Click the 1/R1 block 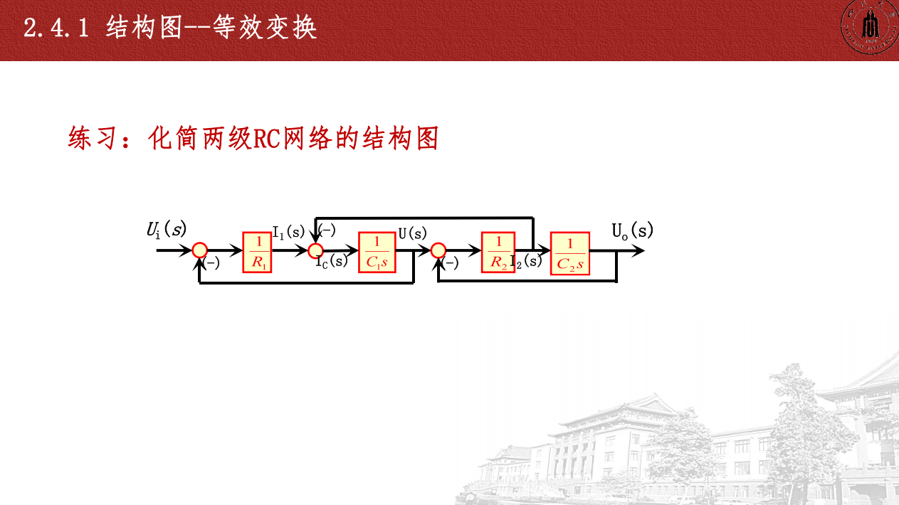click(x=258, y=253)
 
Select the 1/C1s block click(x=377, y=253)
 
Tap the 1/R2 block click(x=498, y=253)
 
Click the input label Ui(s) click(x=166, y=230)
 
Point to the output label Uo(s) click(x=632, y=230)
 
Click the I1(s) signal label click(x=288, y=232)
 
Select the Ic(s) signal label click(x=332, y=261)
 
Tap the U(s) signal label click(x=412, y=233)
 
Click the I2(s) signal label click(x=526, y=260)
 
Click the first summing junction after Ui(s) click(x=200, y=250)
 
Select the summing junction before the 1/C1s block click(x=315, y=250)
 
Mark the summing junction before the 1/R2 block click(x=438, y=250)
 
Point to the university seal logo click(x=868, y=28)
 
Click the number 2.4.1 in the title click(x=56, y=28)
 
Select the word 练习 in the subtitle click(x=90, y=138)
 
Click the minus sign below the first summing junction click(x=212, y=264)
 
